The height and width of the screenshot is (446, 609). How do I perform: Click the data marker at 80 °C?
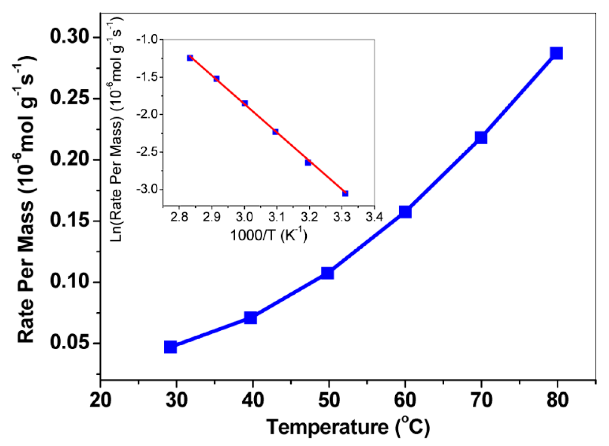pos(556,53)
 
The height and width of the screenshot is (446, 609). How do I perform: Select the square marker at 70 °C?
pos(481,137)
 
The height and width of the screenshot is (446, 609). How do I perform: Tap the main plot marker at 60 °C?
pos(405,212)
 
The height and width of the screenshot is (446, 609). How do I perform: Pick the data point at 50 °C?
pos(327,273)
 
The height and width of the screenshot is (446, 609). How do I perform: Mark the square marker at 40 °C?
pos(251,317)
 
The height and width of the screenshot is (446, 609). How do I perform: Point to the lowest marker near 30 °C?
pos(170,347)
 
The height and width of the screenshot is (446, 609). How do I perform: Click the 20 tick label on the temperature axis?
pos(100,400)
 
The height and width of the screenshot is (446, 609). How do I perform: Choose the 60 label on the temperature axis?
pos(405,400)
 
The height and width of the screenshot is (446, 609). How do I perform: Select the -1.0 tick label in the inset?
pos(147,40)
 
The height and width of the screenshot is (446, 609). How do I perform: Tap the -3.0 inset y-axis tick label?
pos(147,189)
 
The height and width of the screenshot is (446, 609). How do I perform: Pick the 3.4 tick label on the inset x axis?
pos(374,217)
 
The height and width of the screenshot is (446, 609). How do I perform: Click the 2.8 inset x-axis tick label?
pos(179,217)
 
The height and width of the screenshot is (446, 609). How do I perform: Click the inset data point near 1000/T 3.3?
pos(345,193)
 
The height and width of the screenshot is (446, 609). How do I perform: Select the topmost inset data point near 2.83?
pos(190,58)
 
